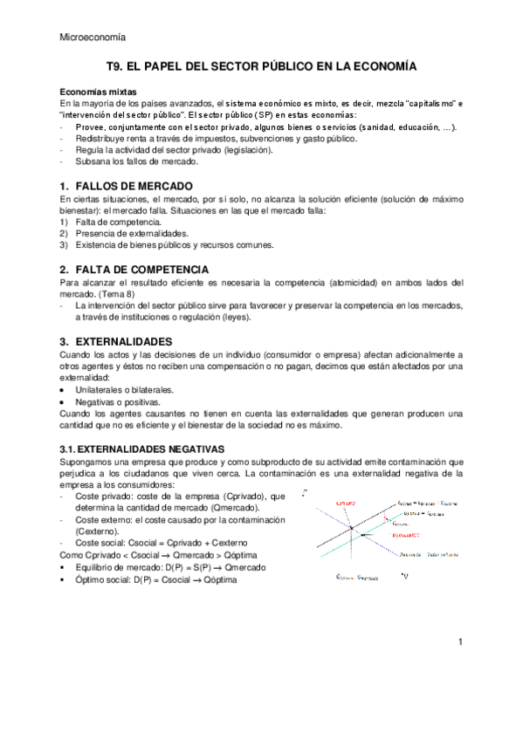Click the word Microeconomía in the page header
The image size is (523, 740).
pos(92,37)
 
